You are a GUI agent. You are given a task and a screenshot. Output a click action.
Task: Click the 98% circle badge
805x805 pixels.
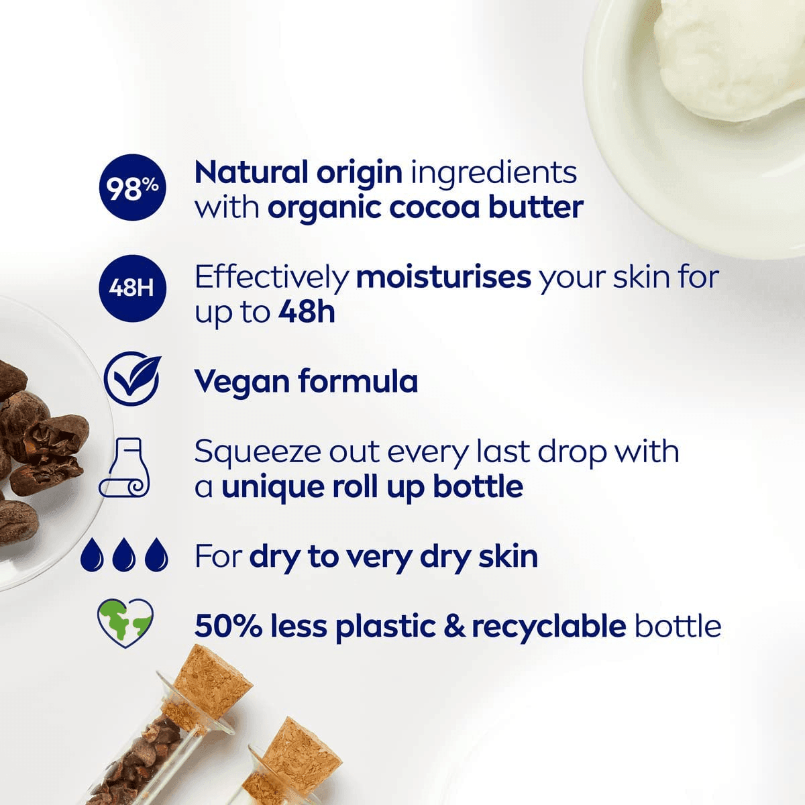click(x=133, y=189)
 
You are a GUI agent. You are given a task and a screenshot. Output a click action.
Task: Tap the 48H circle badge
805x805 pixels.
click(x=131, y=288)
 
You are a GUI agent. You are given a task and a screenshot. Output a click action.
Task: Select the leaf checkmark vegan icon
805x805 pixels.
click(x=133, y=380)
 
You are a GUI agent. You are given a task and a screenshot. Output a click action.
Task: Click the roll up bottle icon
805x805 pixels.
click(x=125, y=468)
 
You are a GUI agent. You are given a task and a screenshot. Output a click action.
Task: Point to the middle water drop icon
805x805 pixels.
click(x=124, y=555)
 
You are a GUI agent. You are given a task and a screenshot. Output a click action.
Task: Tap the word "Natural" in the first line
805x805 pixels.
click(x=250, y=172)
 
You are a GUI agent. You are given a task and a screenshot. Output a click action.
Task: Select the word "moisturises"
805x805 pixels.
click(x=443, y=277)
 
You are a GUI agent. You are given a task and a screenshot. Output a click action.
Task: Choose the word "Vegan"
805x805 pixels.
click(x=241, y=382)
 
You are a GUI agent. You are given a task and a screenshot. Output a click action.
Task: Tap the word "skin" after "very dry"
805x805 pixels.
click(x=508, y=556)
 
